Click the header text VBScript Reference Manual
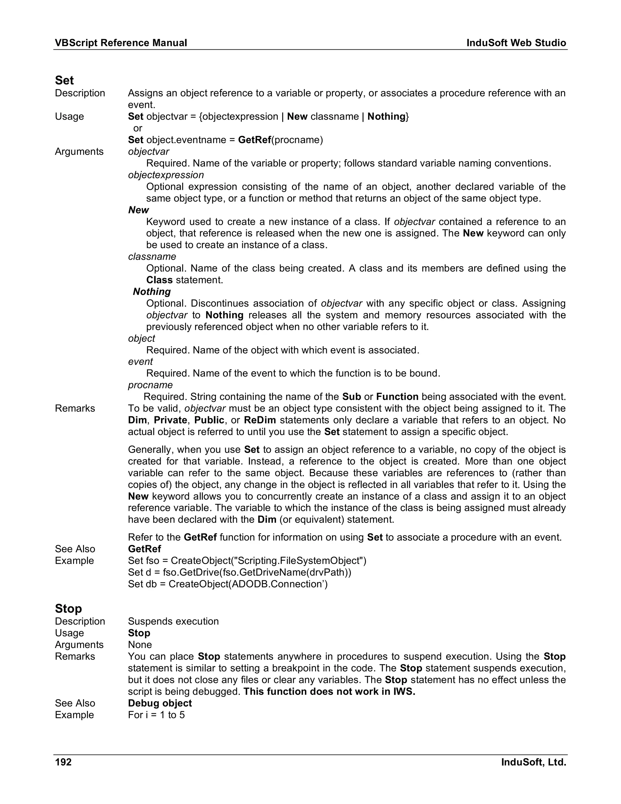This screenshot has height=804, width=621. tap(121, 43)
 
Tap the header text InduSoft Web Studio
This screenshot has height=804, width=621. tap(516, 43)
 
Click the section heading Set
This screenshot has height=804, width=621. tap(64, 80)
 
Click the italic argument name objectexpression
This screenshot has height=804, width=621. tap(166, 175)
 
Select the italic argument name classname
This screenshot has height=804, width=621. tap(152, 257)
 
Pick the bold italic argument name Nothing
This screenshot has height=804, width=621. tap(152, 292)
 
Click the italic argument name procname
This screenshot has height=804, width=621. tap(150, 385)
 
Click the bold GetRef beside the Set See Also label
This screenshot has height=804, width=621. tap(144, 549)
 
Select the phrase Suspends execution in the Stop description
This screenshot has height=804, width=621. tap(173, 621)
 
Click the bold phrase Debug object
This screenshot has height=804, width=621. tap(160, 703)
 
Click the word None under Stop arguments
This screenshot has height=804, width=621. tap(140, 645)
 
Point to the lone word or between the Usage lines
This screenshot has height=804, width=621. tap(138, 128)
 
